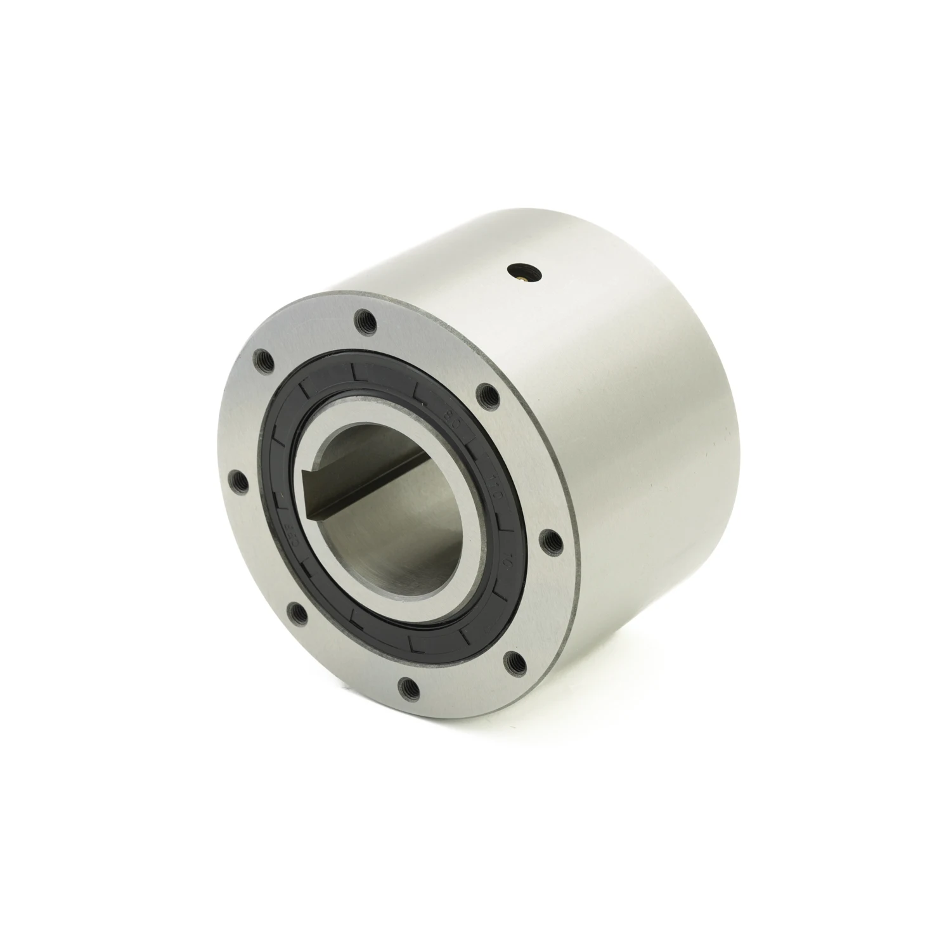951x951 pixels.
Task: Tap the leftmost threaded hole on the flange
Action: coord(240,480)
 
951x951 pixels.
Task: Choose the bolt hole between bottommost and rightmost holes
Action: coord(512,661)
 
